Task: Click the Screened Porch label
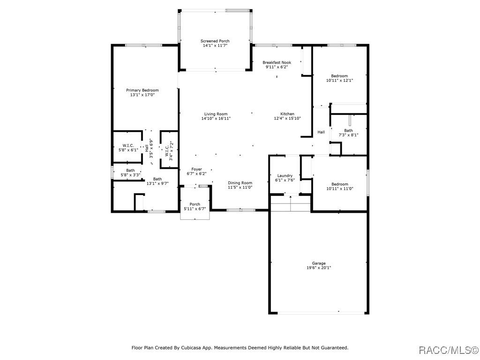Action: [x=215, y=41]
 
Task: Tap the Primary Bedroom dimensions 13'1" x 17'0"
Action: [x=142, y=95]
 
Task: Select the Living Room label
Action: [x=216, y=114]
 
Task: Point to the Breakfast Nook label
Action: [x=277, y=62]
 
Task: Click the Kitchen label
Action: [x=287, y=114]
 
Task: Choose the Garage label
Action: [x=319, y=263]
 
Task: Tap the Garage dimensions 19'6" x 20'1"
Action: [x=319, y=268]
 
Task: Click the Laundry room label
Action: [x=285, y=176]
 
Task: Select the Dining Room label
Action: [x=240, y=183]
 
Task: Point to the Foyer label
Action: [x=197, y=169]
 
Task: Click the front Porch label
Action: [x=195, y=204]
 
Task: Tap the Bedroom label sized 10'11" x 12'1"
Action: [x=339, y=76]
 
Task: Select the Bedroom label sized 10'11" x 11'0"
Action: [x=339, y=184]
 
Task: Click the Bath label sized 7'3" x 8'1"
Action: [x=348, y=131]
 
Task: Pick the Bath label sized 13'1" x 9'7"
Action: [x=157, y=179]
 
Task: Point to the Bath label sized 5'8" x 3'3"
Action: [x=130, y=171]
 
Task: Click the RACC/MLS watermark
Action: [x=448, y=350]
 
